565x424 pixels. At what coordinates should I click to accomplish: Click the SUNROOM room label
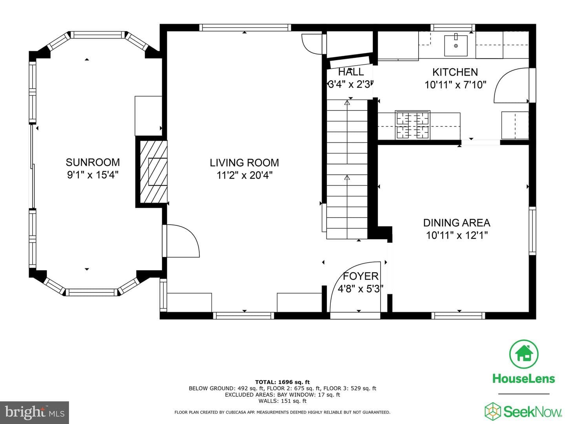pos(93,163)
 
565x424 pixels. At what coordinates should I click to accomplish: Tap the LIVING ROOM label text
pos(244,163)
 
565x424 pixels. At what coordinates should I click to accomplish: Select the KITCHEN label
pos(455,72)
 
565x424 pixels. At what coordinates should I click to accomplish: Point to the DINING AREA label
pos(457,223)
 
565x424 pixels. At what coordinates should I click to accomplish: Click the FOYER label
pos(360,276)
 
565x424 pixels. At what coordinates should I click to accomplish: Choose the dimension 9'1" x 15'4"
pos(93,175)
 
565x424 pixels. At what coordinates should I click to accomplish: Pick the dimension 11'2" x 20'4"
pos(244,175)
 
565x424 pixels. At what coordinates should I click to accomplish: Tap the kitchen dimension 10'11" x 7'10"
pos(455,85)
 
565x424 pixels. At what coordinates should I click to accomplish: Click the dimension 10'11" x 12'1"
pos(457,235)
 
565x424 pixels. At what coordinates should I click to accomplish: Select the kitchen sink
pos(456,46)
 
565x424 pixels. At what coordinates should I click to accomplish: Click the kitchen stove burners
pos(413,125)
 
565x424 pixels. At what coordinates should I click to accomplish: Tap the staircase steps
pos(347,169)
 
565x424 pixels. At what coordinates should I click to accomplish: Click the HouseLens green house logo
pos(524,354)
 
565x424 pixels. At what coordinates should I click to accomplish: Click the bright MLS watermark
pos(35,412)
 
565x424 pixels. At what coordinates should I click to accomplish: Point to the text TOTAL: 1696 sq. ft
pos(282,382)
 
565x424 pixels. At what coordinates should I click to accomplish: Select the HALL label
pos(351,72)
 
